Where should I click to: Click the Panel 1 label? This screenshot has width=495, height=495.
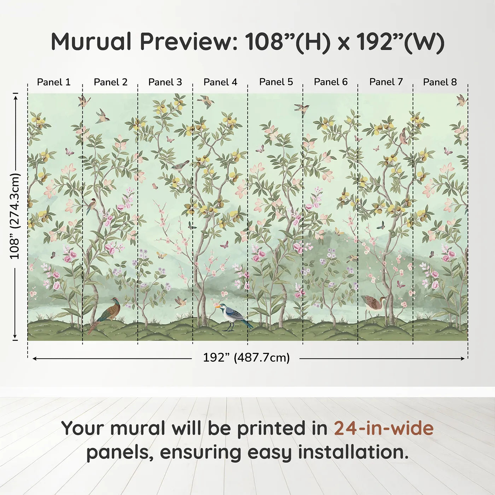tap(54, 82)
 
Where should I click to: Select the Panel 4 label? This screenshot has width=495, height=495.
tap(220, 82)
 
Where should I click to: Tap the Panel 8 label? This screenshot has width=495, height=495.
tap(440, 82)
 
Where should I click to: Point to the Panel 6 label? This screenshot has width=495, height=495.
tap(331, 82)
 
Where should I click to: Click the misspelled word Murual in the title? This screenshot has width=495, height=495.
tap(91, 42)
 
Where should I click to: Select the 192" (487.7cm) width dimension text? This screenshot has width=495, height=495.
tap(246, 358)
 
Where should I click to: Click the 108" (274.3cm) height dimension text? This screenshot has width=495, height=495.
tap(15, 216)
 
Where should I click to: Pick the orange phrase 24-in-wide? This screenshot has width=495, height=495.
tap(384, 428)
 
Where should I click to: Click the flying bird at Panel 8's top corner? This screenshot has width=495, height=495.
tap(461, 100)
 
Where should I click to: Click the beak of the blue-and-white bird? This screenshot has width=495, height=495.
tap(217, 307)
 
